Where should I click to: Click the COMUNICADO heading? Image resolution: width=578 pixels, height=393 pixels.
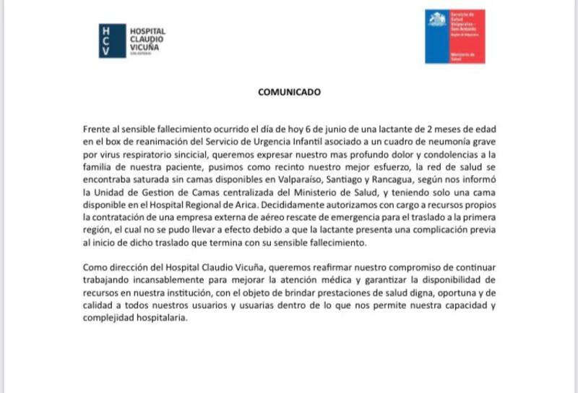pyautogui.click(x=289, y=93)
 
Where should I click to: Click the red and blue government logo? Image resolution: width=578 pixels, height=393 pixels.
pyautogui.click(x=455, y=36)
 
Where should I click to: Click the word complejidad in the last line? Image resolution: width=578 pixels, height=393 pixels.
pyautogui.click(x=118, y=321)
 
